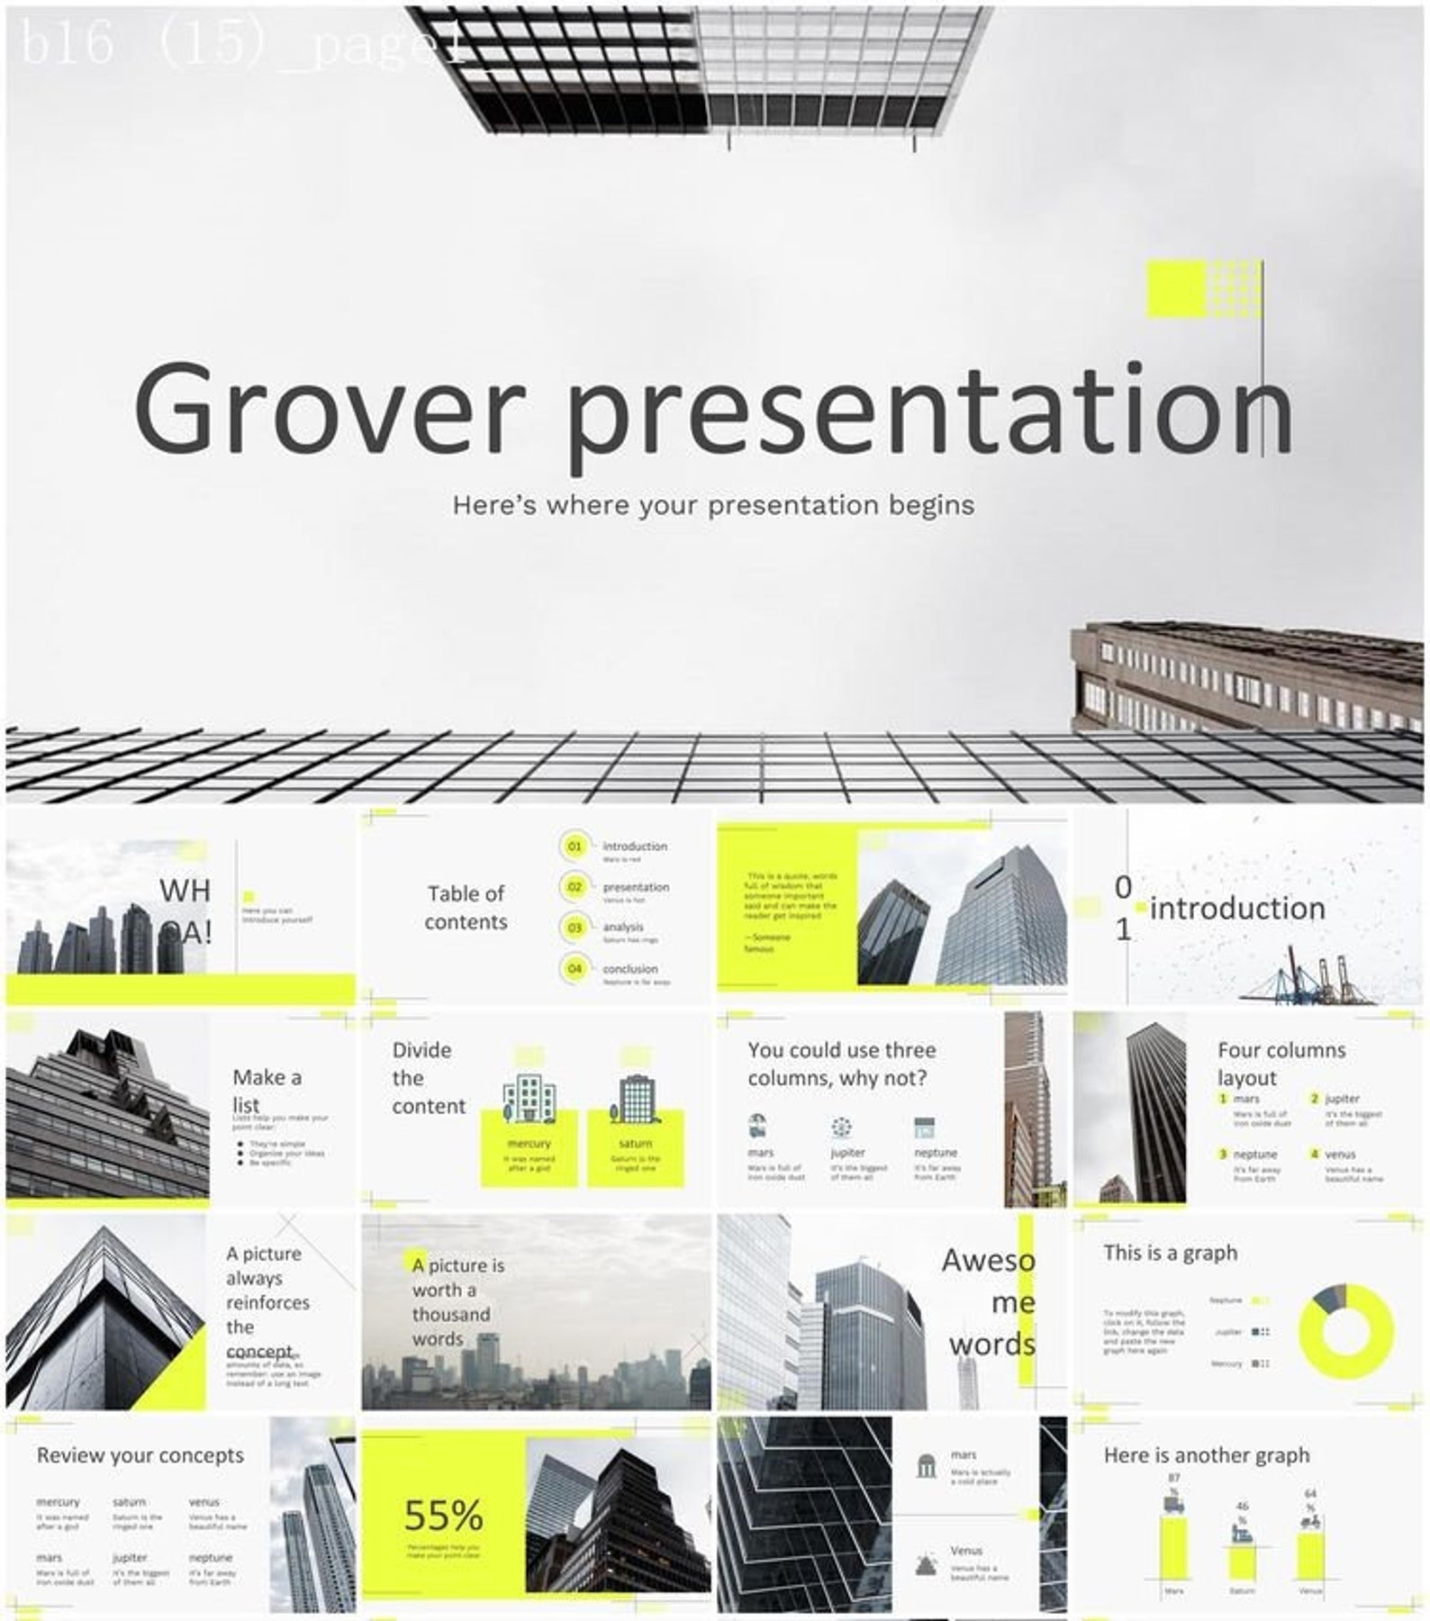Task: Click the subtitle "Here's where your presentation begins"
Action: click(x=712, y=505)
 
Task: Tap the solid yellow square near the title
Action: click(x=1174, y=289)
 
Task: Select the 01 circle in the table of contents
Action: click(x=575, y=847)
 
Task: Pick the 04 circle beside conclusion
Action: click(x=575, y=969)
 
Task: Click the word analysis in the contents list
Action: click(x=623, y=927)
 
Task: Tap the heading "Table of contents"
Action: click(x=466, y=908)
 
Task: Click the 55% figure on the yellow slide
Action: click(x=443, y=1516)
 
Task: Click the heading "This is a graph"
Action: click(x=1170, y=1253)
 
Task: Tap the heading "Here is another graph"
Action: click(x=1206, y=1455)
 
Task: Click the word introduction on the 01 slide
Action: click(x=1237, y=909)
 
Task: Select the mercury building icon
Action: click(x=529, y=1099)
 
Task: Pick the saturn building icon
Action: click(x=636, y=1100)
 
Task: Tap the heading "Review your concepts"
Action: click(x=140, y=1455)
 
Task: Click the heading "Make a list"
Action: click(x=266, y=1090)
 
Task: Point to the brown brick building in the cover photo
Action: click(x=1243, y=675)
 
